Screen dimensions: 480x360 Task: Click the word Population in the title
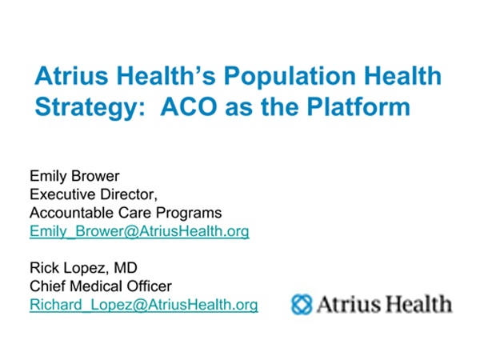(x=290, y=76)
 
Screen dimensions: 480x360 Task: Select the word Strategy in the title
(x=90, y=108)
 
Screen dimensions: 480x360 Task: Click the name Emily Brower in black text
(x=74, y=176)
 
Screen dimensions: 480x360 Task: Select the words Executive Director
(x=94, y=194)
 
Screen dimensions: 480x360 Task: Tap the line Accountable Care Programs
(x=126, y=213)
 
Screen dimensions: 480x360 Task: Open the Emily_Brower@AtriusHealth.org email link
(x=139, y=231)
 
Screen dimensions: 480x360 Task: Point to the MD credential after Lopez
(x=126, y=268)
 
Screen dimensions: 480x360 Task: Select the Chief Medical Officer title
(x=101, y=286)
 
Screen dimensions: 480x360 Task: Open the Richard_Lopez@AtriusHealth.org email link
(x=143, y=305)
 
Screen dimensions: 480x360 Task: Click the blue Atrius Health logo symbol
(x=302, y=304)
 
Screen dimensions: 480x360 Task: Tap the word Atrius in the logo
(x=348, y=304)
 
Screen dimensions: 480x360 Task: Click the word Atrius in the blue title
(x=72, y=76)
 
